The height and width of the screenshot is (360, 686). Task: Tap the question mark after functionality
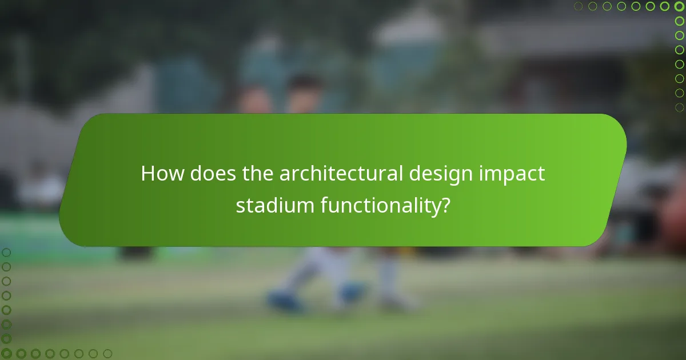(444, 206)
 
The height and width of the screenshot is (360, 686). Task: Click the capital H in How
(148, 174)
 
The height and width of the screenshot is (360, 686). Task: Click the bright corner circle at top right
(679, 6)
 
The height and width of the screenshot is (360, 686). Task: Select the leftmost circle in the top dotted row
(579, 6)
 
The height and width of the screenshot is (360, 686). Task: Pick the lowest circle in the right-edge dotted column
(679, 107)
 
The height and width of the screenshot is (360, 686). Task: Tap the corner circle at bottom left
(6, 354)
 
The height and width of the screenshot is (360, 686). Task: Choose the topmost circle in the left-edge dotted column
(6, 253)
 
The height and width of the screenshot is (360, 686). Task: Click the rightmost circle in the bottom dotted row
(107, 354)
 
